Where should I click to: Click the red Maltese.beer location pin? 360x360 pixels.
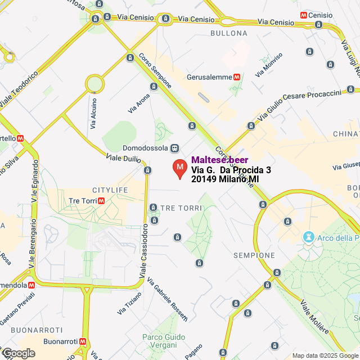pos(179,168)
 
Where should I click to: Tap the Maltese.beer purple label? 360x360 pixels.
pos(220,160)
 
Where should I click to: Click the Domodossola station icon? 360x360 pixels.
pos(175,148)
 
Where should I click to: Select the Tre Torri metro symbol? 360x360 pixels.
pos(101,201)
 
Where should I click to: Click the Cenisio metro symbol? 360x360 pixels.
pos(304,15)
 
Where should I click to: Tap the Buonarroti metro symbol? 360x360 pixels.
pos(83,341)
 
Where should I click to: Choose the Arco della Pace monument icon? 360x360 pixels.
pos(308,237)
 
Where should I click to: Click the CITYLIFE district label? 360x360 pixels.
pos(110,190)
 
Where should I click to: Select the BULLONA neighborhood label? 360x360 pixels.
pos(228,33)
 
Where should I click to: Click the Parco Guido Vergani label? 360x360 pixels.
pos(164,340)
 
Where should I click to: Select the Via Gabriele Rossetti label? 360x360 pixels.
pos(167,300)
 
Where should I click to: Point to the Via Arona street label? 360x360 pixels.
pos(139,102)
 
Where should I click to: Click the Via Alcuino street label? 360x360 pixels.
pos(93,112)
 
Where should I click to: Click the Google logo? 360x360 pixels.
pos(18,353)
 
